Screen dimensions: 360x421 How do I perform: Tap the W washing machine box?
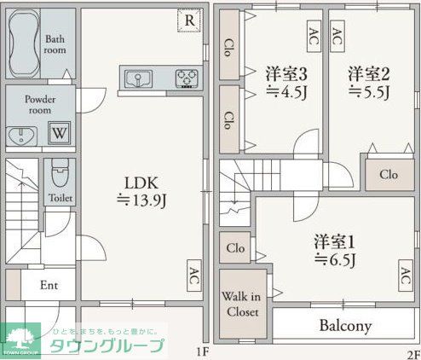[59, 133]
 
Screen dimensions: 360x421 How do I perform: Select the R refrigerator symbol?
[189, 20]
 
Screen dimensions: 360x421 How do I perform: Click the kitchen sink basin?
[137, 79]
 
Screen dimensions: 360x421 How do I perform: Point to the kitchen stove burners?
[186, 79]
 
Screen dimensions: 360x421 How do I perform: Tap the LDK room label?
[141, 183]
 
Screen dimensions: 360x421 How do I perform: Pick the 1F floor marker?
[202, 351]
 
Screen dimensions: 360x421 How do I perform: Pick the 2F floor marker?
[412, 351]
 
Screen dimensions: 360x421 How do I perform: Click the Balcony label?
[345, 325]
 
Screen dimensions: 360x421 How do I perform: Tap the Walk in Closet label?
[242, 304]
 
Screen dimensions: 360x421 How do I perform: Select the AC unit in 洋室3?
[314, 35]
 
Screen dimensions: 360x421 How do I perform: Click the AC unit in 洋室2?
[337, 35]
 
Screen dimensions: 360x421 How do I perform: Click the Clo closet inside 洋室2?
[389, 175]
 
